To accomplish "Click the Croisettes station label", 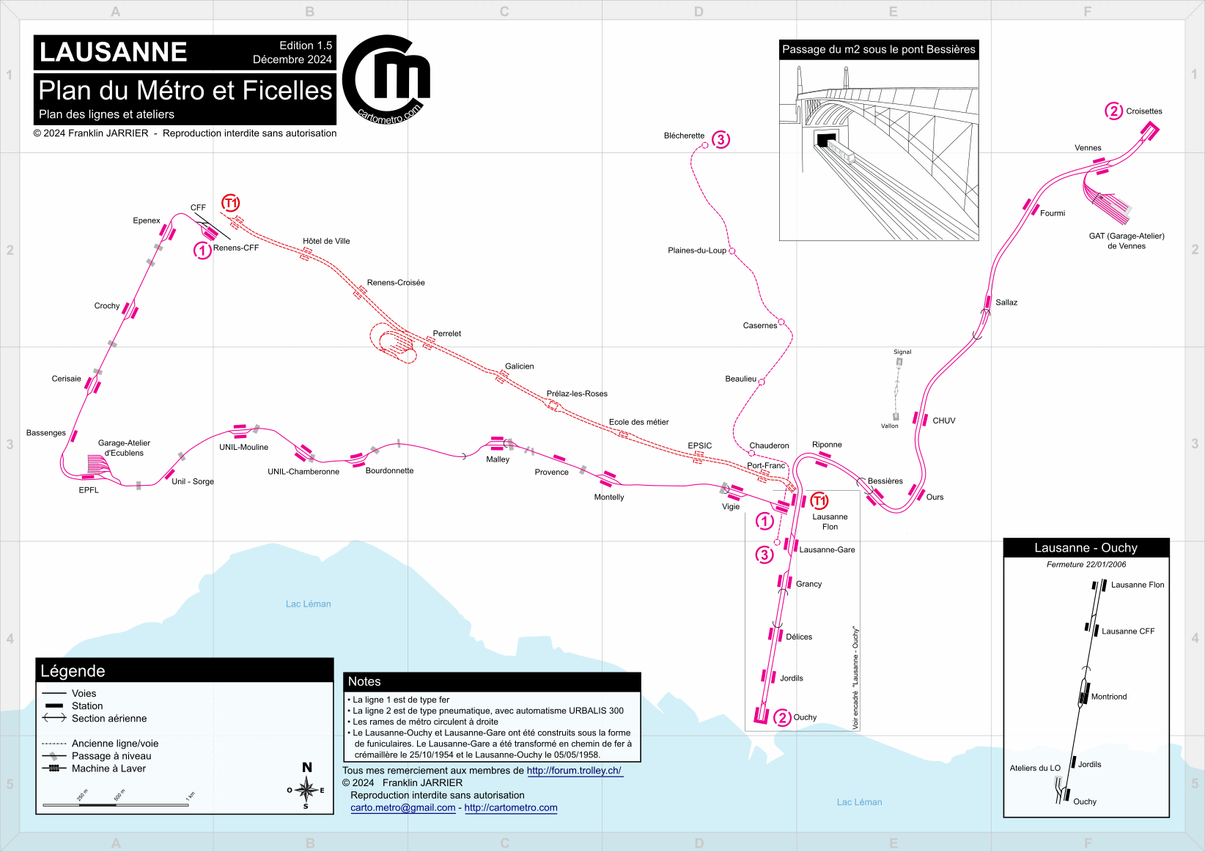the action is pos(1143,111).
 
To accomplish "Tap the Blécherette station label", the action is pos(684,136).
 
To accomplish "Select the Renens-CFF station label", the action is pos(235,248).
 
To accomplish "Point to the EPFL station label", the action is pos(89,490).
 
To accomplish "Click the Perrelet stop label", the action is pos(446,333).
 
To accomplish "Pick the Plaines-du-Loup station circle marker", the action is pos(732,251).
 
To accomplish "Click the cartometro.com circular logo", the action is pos(386,80).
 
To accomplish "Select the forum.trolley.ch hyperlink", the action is pos(574,770).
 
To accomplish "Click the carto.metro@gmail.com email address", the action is pos(403,807).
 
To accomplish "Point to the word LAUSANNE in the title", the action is pos(113,52).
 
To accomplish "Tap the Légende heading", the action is pos(73,671).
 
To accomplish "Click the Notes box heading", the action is pos(364,681).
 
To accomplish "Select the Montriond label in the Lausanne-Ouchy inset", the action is pos(1109,697).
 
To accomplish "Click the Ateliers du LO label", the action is pos(1035,768).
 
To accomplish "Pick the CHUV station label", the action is pos(943,421).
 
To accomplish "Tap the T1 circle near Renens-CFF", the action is pos(231,203).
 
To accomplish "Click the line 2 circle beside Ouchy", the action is pos(782,717).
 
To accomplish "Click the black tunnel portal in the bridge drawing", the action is pos(826,140).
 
